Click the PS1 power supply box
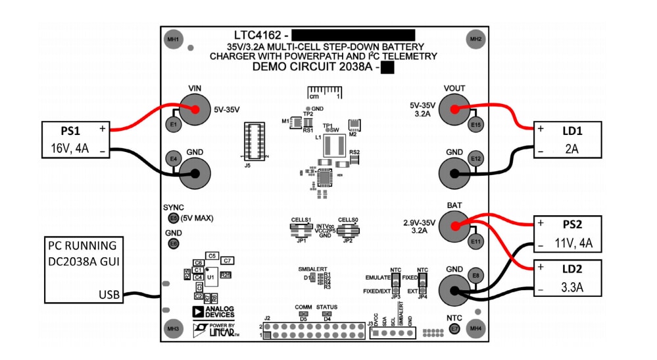tap(76, 140)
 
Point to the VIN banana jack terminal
tap(195, 111)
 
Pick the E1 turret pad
tap(173, 124)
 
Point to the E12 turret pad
tap(475, 159)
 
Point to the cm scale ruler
tap(324, 91)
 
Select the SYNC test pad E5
tap(173, 218)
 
